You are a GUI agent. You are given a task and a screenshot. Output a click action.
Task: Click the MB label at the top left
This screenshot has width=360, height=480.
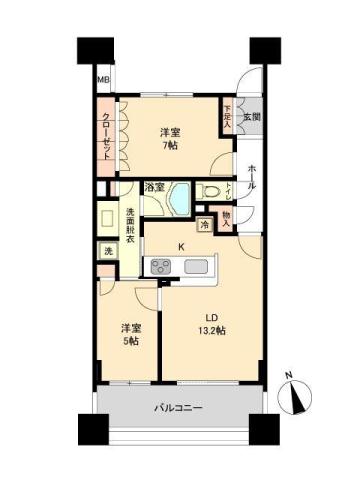[x=103, y=81]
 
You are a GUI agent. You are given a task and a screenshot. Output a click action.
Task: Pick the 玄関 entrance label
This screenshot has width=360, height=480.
[x=253, y=116]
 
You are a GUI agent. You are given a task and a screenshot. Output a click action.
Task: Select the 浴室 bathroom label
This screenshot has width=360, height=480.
[x=154, y=187]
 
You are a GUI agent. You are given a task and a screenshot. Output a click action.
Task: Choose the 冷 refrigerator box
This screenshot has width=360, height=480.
[x=204, y=224]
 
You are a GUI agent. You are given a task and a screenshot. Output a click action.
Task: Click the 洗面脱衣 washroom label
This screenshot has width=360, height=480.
[x=132, y=225]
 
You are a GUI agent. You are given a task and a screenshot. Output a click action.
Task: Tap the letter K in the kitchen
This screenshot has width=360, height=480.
[x=181, y=246]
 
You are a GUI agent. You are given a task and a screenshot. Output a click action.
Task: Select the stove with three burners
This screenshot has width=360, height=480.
[x=161, y=266]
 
